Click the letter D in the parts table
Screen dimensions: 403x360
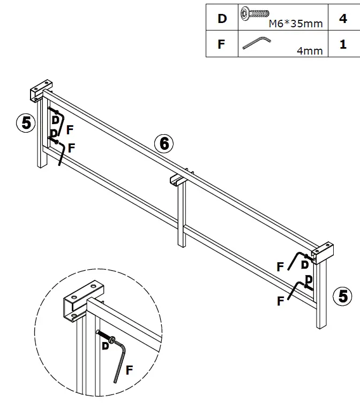(x=222, y=19)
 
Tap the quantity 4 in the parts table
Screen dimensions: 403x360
(x=343, y=19)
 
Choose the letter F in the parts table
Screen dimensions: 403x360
(x=222, y=44)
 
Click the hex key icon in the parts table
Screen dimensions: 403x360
(x=256, y=42)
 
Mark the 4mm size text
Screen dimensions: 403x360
(x=310, y=51)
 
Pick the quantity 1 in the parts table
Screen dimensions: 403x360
(x=343, y=44)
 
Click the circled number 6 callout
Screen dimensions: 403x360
(x=164, y=143)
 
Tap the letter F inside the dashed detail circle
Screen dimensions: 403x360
(x=129, y=369)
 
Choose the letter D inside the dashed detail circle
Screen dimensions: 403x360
(x=105, y=346)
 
